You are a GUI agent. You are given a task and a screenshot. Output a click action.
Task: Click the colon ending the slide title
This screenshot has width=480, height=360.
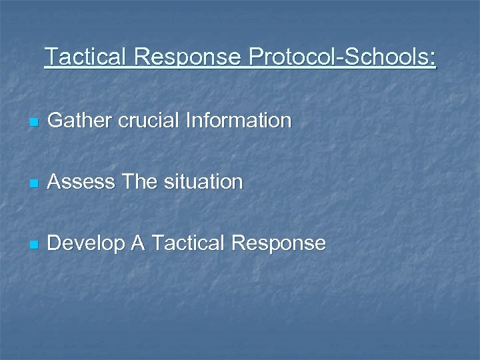click(x=433, y=59)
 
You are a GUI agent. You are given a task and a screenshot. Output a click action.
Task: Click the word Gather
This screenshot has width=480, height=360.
click(x=75, y=121)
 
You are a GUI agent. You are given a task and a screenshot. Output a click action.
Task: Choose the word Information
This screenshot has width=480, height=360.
click(x=239, y=121)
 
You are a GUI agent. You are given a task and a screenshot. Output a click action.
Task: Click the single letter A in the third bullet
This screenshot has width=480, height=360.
click(x=137, y=243)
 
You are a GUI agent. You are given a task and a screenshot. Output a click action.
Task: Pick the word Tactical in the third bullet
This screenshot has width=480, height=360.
click(x=187, y=243)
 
